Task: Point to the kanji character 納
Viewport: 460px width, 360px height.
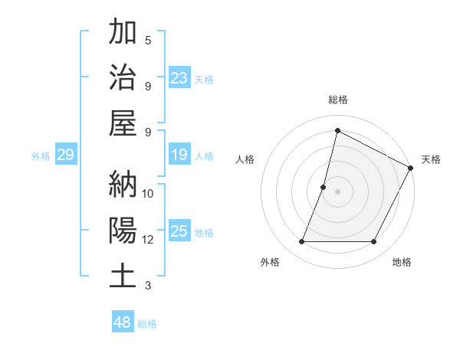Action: point(123,184)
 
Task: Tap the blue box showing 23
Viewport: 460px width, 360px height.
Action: point(179,77)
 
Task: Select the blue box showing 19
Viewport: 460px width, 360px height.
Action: point(179,155)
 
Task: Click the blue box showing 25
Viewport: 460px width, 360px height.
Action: point(179,231)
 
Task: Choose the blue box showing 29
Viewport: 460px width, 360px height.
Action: point(65,155)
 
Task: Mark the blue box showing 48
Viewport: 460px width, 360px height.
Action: point(123,322)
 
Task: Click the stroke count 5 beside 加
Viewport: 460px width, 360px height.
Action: point(148,40)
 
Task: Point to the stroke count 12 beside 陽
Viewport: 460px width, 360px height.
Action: point(148,240)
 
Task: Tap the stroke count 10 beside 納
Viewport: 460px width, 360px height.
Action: point(148,193)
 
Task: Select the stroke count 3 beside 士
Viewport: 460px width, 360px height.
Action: point(148,286)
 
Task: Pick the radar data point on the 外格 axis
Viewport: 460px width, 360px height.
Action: point(301,242)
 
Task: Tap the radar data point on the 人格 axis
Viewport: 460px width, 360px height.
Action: point(324,187)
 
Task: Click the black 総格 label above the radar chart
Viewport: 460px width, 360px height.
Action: point(338,100)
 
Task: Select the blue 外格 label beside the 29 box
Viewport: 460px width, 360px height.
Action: point(41,155)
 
